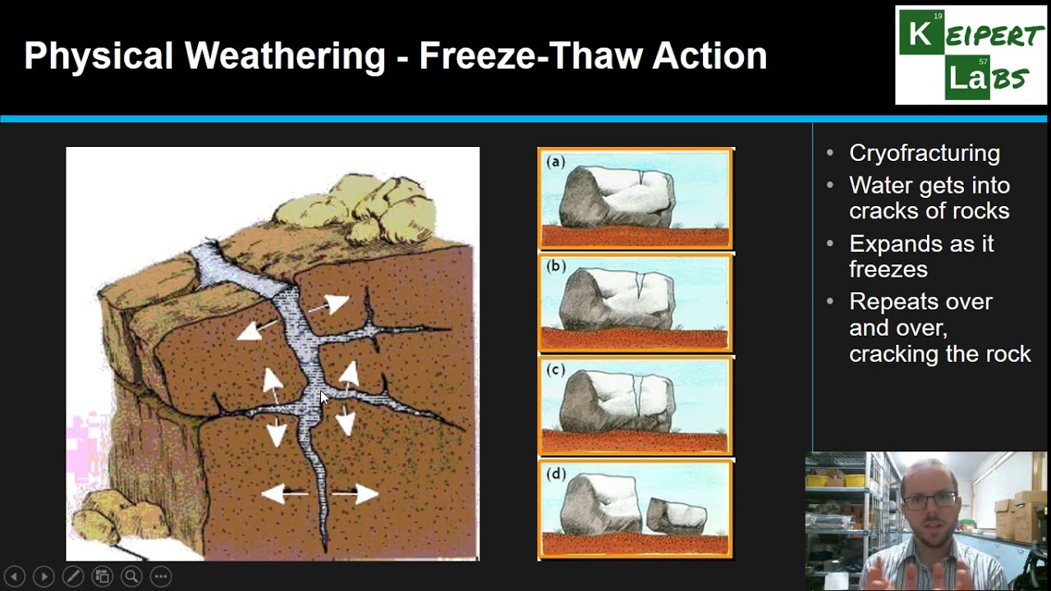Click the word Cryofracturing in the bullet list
(x=924, y=153)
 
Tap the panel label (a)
(x=556, y=162)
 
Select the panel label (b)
(x=556, y=267)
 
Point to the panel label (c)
(x=556, y=370)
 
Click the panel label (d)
(x=556, y=474)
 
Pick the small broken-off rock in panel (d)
(x=677, y=515)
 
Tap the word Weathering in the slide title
(x=285, y=56)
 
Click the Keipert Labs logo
(x=971, y=55)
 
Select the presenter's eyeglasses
(x=929, y=499)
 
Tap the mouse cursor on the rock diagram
(x=324, y=397)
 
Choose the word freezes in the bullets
(x=888, y=269)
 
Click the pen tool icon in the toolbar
(x=72, y=576)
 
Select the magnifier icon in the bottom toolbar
(x=131, y=576)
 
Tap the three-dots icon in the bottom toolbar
(x=161, y=576)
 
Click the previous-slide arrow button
(x=14, y=576)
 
